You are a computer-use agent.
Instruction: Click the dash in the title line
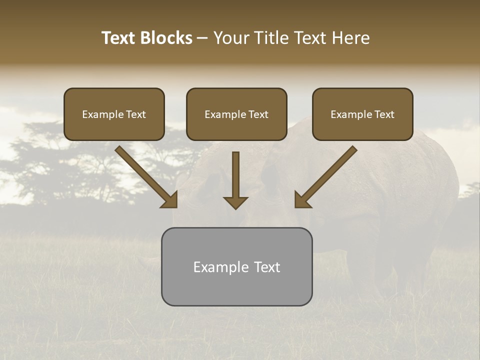202,38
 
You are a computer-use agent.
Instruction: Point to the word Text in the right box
384,114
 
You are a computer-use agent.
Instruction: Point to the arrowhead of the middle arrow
235,202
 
